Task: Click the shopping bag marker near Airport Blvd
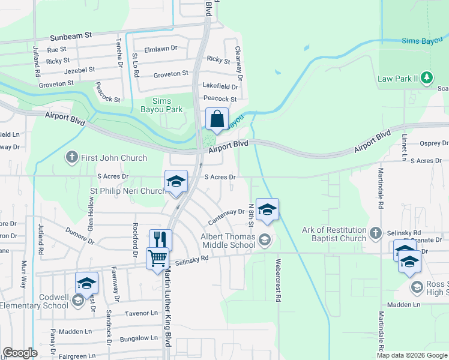coord(217,119)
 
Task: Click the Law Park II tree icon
coord(427,77)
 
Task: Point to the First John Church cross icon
coord(71,158)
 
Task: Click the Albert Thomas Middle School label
coord(228,241)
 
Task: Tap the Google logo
coord(20,353)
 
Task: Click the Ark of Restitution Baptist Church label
coord(334,234)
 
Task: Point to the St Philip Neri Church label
coord(128,191)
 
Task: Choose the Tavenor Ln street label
coord(140,313)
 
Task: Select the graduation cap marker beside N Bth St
coord(267,209)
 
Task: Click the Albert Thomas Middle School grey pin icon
coord(265,241)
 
